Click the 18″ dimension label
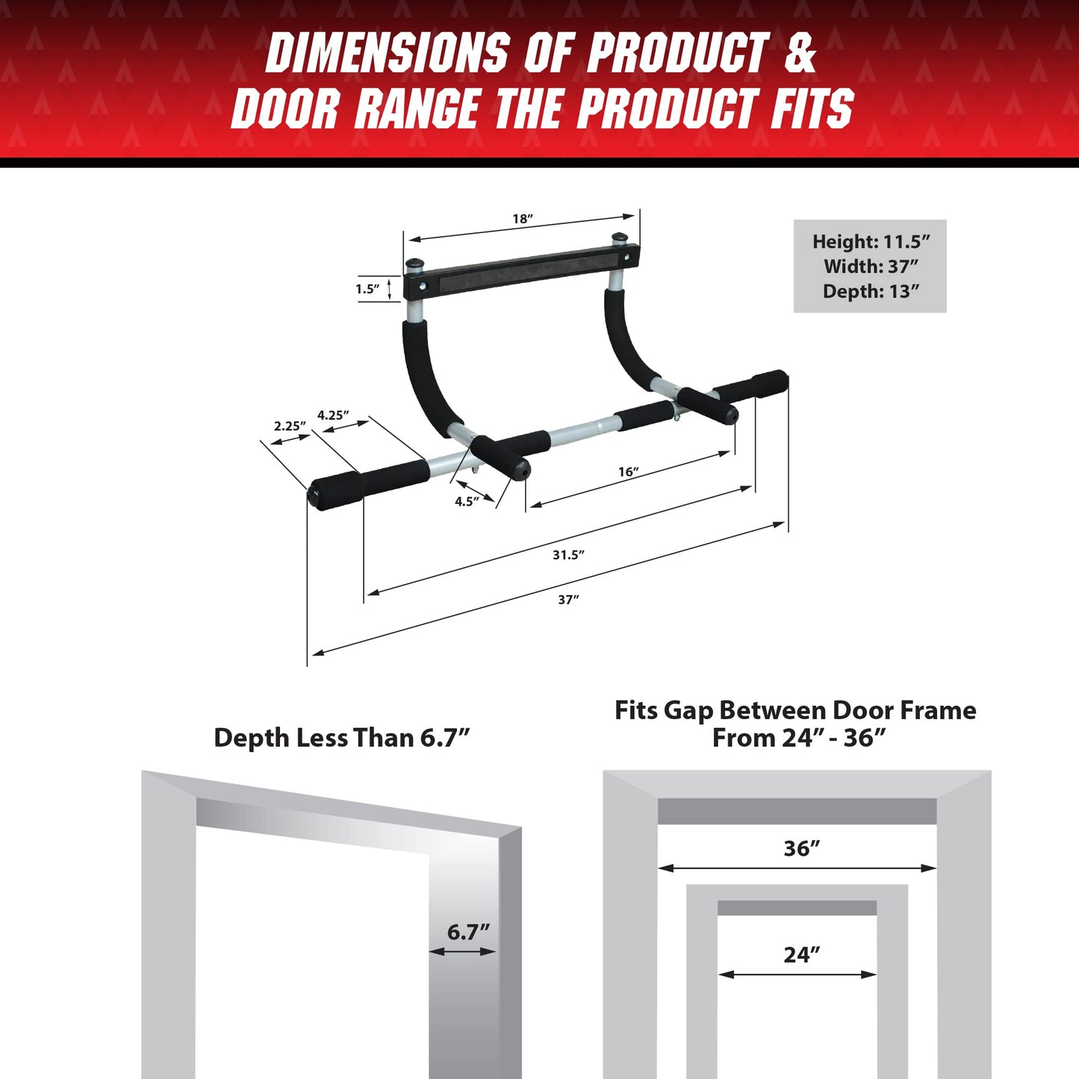[522, 219]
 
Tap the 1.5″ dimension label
[367, 289]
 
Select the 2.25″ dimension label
[290, 426]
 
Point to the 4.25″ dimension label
[333, 415]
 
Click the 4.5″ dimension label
[467, 501]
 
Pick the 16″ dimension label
[628, 472]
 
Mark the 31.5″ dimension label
[568, 555]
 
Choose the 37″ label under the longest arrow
[568, 600]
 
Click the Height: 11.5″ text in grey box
[871, 242]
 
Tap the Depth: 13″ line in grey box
[871, 291]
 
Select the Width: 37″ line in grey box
[871, 267]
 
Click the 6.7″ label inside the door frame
[468, 932]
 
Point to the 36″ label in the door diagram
[801, 848]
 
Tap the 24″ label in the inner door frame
[801, 954]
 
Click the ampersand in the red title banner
[800, 54]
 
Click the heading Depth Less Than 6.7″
[342, 738]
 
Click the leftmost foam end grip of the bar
[335, 490]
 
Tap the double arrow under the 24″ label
[797, 974]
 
